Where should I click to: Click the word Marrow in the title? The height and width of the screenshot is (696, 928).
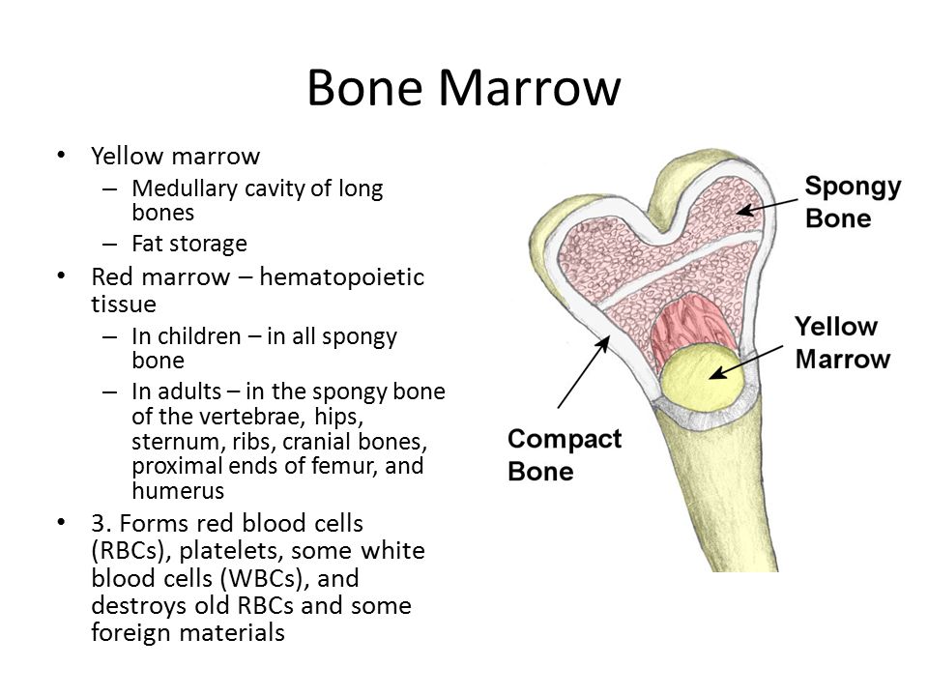tap(530, 88)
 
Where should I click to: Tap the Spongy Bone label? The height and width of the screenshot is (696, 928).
tap(853, 202)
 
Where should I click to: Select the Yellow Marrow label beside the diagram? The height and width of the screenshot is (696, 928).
tap(842, 342)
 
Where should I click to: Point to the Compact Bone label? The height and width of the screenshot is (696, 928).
tap(564, 455)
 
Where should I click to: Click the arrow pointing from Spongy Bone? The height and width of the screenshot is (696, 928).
tap(767, 207)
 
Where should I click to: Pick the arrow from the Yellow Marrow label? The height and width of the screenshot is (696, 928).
tap(745, 362)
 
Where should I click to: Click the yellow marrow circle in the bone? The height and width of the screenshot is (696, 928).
tap(702, 376)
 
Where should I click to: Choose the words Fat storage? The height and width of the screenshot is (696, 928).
tap(189, 244)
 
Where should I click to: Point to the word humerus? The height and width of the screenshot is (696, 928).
tap(178, 491)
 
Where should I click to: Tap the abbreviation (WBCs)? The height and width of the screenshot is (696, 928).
tap(265, 578)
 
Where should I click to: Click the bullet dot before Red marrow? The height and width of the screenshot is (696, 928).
tap(61, 275)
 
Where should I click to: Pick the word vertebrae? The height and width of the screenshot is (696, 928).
tap(252, 417)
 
